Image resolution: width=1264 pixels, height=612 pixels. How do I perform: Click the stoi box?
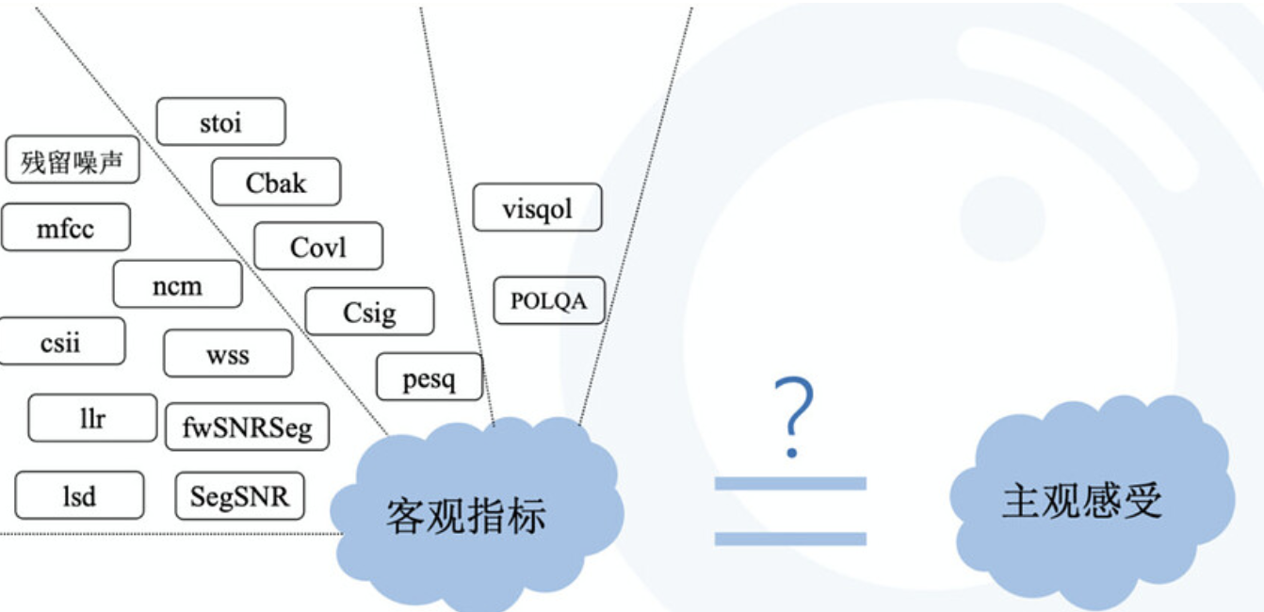221,121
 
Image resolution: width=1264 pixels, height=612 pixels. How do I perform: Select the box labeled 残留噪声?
73,159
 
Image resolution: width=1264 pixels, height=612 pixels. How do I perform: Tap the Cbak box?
276,182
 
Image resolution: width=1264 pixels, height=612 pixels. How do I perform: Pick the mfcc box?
65,227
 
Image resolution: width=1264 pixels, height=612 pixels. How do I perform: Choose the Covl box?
318,246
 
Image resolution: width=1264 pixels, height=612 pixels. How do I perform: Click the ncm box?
178,284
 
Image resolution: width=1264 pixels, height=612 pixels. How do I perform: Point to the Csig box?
369,312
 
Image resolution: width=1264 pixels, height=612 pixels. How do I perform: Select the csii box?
61,341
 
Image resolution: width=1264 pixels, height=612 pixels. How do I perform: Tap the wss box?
228,354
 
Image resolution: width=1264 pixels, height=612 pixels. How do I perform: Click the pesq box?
429,377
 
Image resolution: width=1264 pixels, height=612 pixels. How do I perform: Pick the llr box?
92,418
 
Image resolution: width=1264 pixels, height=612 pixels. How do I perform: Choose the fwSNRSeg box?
247,427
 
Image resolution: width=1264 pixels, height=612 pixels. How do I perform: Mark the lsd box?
79,495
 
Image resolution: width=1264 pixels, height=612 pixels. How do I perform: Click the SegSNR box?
240,496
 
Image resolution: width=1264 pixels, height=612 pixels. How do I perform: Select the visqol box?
537,207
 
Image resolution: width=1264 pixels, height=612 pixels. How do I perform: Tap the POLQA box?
549,300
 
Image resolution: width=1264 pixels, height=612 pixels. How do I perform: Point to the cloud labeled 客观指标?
477,513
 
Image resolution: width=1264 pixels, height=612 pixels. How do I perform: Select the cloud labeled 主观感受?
1092,499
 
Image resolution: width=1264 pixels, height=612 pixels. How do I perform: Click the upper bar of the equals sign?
790,483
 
